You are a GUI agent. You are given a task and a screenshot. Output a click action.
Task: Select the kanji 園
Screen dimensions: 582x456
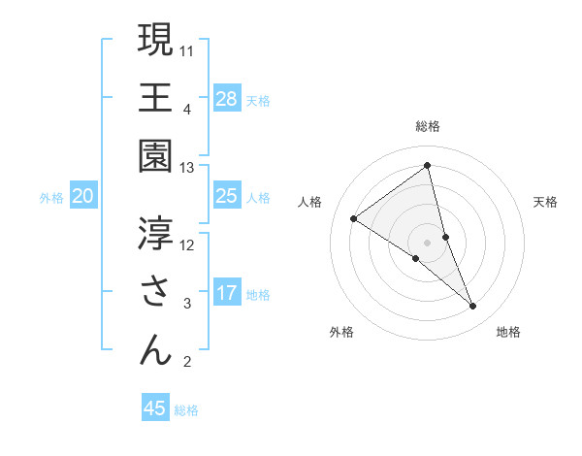click(x=155, y=156)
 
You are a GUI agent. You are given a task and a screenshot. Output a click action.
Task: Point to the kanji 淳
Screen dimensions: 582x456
click(x=155, y=233)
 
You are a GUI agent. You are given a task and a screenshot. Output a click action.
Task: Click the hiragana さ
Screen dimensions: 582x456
click(x=155, y=292)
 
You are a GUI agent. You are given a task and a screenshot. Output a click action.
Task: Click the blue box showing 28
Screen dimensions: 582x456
click(x=227, y=98)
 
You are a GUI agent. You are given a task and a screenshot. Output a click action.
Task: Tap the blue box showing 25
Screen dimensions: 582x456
click(x=227, y=196)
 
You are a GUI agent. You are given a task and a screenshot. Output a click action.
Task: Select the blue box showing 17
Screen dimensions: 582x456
click(x=227, y=293)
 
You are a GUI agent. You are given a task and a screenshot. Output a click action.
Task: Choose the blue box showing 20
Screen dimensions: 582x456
click(x=83, y=196)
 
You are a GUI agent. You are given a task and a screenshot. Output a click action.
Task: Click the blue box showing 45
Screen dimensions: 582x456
click(x=155, y=408)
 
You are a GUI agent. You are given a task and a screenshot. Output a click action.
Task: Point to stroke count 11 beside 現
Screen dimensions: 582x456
click(x=187, y=49)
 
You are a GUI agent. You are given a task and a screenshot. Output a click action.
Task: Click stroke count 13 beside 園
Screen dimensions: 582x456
click(x=187, y=168)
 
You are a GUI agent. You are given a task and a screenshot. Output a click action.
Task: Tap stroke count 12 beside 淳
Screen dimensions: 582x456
click(x=187, y=244)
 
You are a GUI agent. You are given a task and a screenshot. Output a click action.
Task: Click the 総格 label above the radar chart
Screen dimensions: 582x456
click(x=428, y=126)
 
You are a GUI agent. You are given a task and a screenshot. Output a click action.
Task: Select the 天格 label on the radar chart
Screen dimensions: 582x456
click(x=546, y=202)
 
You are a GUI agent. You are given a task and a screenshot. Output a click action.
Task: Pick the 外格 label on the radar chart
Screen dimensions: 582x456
click(x=341, y=332)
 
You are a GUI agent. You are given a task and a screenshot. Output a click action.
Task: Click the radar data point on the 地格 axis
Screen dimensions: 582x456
click(x=473, y=307)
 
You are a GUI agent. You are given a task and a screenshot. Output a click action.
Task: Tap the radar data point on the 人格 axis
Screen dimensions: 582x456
click(x=353, y=218)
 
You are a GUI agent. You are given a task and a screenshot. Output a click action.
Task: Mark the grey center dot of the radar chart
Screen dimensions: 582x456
click(x=428, y=242)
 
